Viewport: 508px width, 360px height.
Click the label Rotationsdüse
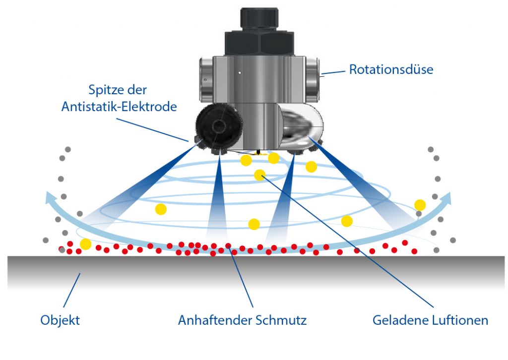pos(391,69)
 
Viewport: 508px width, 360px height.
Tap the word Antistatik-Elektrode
pos(119,106)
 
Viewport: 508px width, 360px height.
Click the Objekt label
pos(60,320)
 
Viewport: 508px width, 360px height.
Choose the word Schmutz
pos(282,320)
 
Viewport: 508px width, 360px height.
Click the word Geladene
pos(397,320)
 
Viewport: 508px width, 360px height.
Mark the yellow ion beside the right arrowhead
pos(420,205)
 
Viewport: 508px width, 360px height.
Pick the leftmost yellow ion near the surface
pos(86,244)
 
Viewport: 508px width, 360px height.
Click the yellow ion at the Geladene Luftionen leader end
pos(259,175)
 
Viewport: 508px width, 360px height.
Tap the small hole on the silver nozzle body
pos(239,73)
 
